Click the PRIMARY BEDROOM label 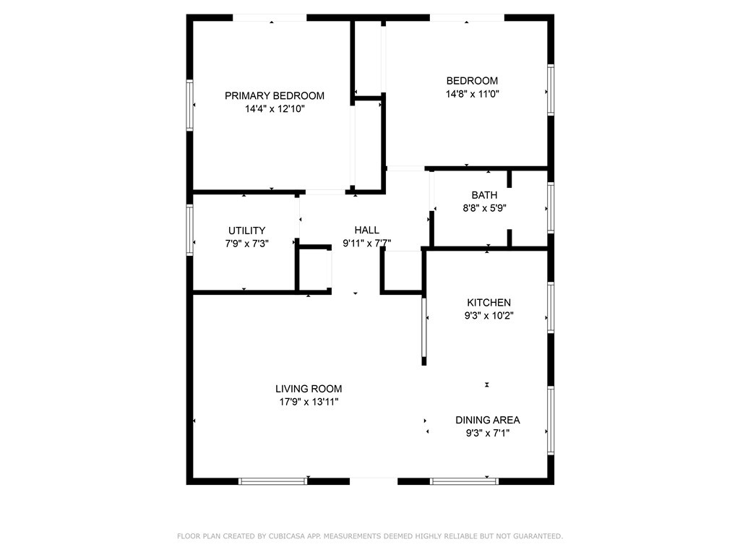(x=274, y=95)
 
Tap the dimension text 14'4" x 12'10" (x=274, y=109)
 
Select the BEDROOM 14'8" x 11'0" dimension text (x=472, y=94)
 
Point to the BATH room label (x=484, y=195)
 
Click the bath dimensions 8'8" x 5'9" (x=484, y=208)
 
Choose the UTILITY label (x=246, y=231)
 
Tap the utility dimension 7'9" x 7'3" (x=246, y=244)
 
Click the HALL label (x=366, y=231)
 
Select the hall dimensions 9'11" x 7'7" (x=366, y=244)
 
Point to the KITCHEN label (x=489, y=303)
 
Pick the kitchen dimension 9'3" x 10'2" (x=489, y=316)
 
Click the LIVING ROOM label (x=309, y=389)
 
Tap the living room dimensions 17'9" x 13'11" (x=309, y=402)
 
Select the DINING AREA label (x=487, y=420)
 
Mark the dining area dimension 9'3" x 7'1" (x=487, y=433)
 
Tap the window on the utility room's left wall (x=190, y=231)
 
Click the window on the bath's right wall (x=551, y=207)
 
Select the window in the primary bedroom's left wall (x=190, y=105)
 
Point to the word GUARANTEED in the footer (x=535, y=536)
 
